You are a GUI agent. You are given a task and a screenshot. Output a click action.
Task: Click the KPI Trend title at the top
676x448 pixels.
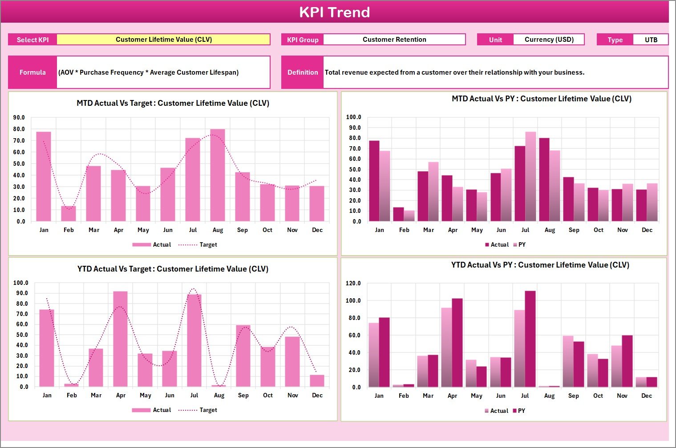click(334, 12)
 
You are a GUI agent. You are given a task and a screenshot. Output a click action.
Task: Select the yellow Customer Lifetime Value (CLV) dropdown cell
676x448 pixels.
click(163, 40)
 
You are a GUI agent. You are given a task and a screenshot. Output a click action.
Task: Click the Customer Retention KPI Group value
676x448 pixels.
click(394, 40)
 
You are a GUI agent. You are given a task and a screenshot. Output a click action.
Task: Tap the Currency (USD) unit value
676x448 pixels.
click(549, 40)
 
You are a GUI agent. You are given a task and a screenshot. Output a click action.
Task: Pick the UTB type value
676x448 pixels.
click(651, 40)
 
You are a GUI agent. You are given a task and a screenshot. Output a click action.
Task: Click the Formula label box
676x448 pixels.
click(32, 72)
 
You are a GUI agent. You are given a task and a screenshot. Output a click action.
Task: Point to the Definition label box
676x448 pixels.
click(303, 72)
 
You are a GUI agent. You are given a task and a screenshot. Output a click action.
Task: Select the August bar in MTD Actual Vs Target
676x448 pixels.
click(218, 176)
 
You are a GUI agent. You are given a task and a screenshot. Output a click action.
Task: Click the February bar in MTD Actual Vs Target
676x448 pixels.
click(69, 214)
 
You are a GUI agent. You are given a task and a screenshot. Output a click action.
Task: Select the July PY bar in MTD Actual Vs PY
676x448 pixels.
click(530, 177)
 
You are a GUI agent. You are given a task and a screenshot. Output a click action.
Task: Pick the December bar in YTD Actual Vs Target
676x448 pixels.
click(317, 381)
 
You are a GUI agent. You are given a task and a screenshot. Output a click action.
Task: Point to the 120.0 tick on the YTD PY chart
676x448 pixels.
click(353, 284)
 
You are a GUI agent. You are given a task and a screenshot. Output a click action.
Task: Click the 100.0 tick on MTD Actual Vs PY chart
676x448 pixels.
click(353, 117)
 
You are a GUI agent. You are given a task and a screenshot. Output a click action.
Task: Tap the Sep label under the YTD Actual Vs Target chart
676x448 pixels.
click(243, 396)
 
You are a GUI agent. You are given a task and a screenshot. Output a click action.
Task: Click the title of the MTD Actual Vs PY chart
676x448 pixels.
click(541, 99)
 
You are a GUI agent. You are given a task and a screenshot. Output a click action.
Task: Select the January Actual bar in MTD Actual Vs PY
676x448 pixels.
click(374, 181)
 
